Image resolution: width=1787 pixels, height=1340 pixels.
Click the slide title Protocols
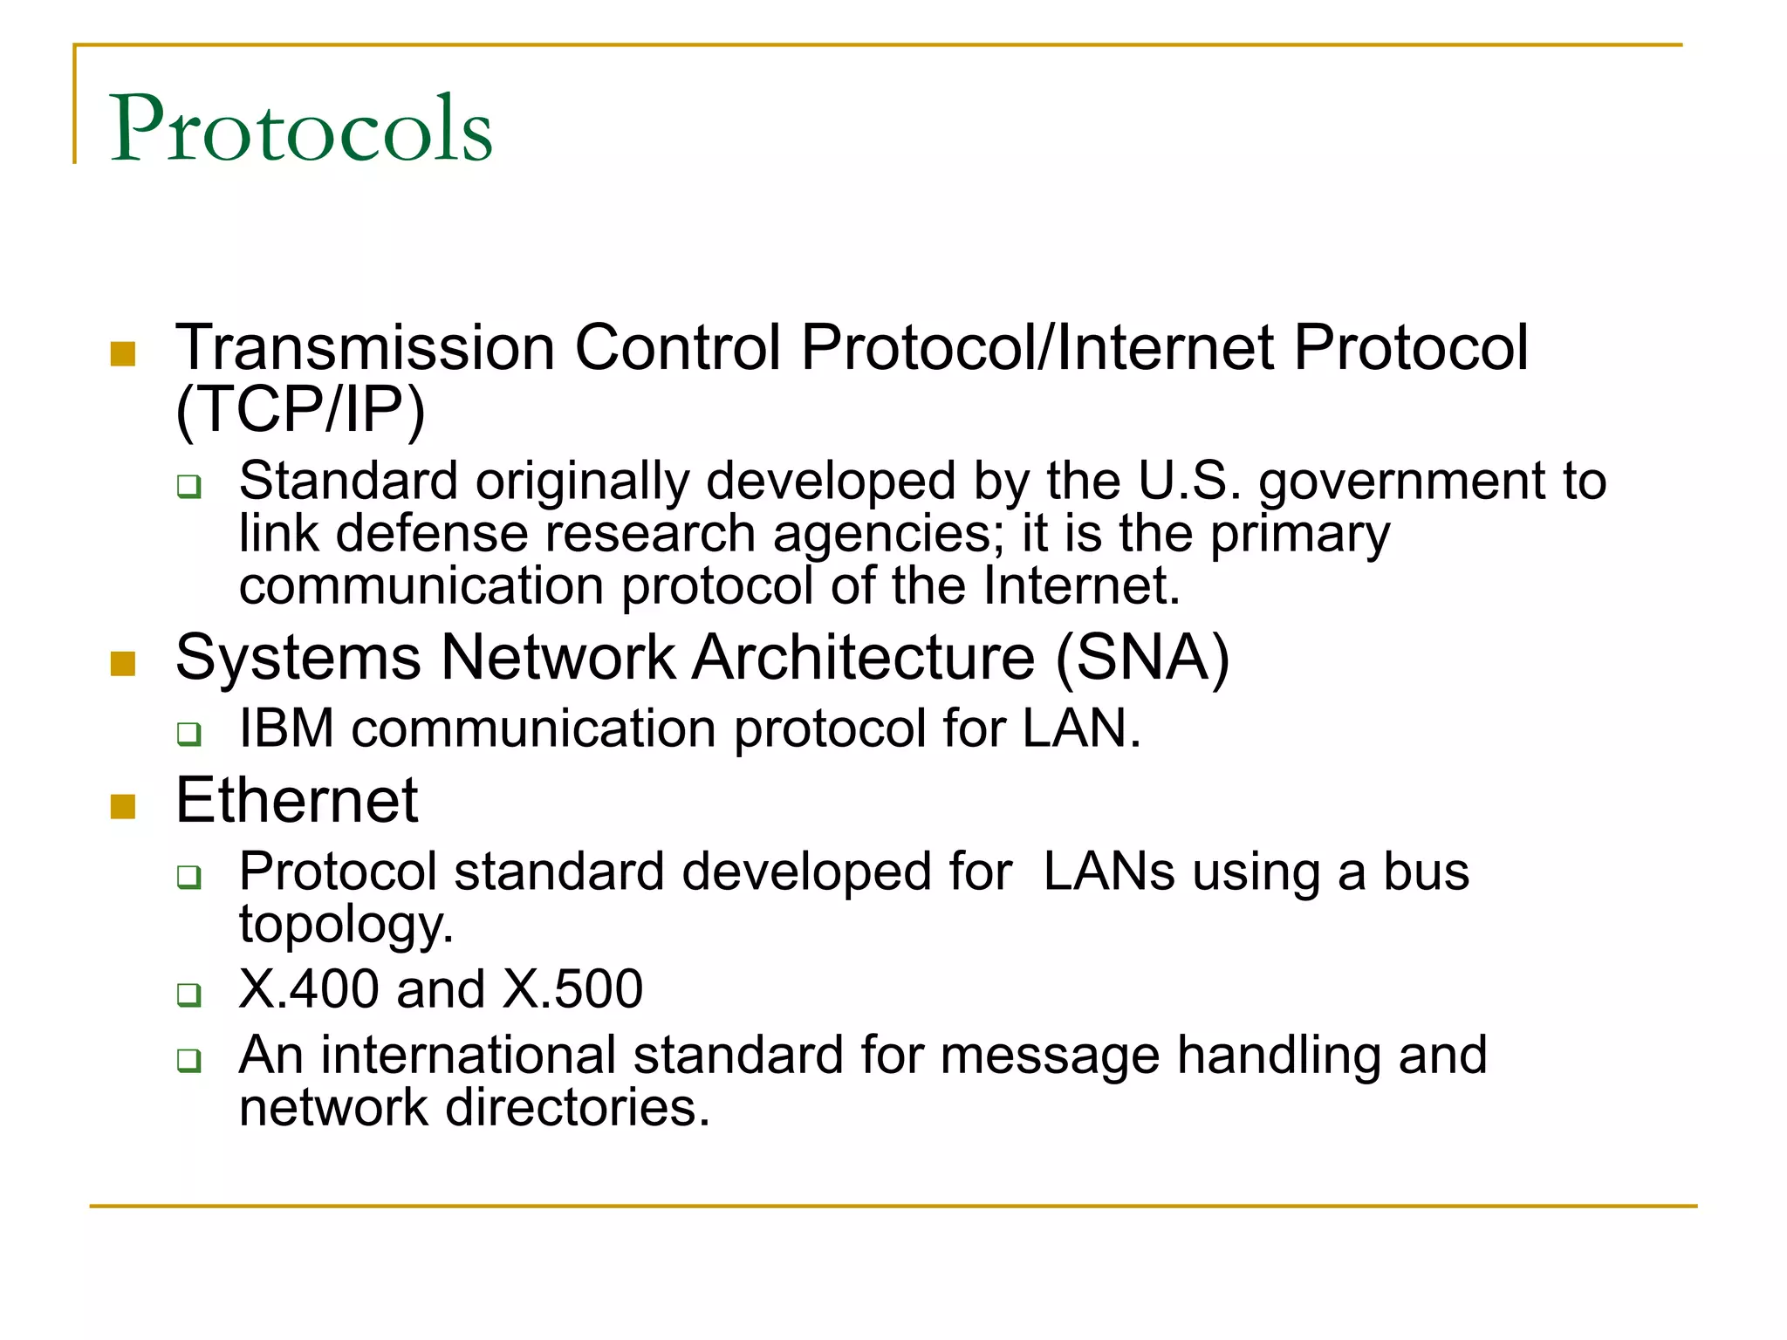[x=301, y=128]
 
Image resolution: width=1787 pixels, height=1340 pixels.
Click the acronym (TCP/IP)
[x=300, y=409]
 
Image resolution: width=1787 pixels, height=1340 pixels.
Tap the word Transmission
[x=365, y=347]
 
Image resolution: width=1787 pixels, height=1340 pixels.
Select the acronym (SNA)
[x=1142, y=657]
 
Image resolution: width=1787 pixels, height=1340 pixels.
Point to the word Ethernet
[x=297, y=800]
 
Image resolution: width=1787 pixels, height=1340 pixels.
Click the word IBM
[x=286, y=728]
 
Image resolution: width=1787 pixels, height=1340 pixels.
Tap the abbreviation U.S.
[x=1189, y=481]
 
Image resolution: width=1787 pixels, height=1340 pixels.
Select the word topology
[x=346, y=926]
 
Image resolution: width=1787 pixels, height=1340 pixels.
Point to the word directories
[x=578, y=1108]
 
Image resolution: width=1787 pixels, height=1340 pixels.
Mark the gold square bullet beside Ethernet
[x=123, y=807]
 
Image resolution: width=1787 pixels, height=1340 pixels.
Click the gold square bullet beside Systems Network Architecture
[x=123, y=664]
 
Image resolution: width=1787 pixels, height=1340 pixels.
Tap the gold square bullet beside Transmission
[x=123, y=353]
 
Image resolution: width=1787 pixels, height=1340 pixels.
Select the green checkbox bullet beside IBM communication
[x=188, y=734]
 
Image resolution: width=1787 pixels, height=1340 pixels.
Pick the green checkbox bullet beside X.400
[x=188, y=995]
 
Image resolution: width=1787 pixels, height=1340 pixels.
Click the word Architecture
[x=864, y=657]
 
